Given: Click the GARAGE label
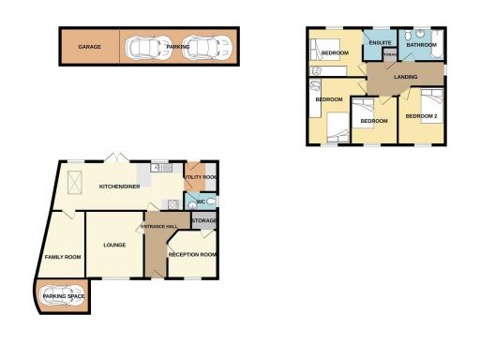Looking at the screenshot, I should (90, 46).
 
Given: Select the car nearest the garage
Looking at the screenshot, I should (143, 47).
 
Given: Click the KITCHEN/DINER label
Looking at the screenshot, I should (119, 187).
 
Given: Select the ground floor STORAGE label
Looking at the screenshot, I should (203, 221).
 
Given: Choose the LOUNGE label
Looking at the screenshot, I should (114, 246).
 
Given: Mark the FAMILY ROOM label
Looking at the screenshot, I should (63, 257).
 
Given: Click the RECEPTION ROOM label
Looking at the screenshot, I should (192, 254).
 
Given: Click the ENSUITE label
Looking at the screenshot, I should (380, 44).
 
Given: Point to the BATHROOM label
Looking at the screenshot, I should (422, 44).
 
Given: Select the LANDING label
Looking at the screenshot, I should (406, 77).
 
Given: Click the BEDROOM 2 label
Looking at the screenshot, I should (422, 115).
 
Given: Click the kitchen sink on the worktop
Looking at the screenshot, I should (160, 169).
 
